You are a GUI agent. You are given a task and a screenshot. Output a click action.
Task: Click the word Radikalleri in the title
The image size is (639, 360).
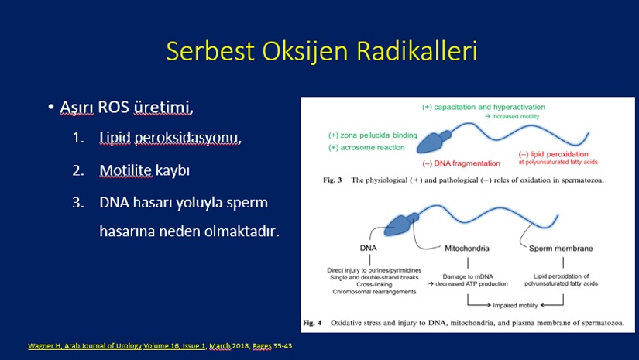point(417,51)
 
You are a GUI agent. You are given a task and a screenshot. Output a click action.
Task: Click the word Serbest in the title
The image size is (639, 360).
point(210,51)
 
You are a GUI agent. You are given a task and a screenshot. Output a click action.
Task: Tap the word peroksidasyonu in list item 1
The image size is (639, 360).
point(188,139)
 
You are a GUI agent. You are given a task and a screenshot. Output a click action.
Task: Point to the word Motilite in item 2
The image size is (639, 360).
point(125,170)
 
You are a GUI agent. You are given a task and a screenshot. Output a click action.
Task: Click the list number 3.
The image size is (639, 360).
point(78,202)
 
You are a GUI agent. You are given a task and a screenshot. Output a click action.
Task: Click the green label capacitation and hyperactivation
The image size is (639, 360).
point(484,107)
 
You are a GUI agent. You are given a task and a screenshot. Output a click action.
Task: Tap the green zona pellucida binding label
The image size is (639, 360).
point(373,135)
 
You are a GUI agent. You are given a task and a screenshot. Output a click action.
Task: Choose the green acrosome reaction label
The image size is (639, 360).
point(367,147)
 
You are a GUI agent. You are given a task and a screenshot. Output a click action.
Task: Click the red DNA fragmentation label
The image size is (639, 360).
point(462,163)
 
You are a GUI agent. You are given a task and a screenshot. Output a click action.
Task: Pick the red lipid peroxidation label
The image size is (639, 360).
point(554,154)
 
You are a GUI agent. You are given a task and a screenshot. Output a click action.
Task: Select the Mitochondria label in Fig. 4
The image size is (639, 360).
point(467,248)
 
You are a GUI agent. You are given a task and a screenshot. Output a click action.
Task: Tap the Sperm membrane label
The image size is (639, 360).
point(561,248)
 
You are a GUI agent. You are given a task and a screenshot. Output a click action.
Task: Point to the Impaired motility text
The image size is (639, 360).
point(516,306)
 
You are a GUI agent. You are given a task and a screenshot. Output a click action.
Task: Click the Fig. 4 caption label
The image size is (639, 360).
point(312,323)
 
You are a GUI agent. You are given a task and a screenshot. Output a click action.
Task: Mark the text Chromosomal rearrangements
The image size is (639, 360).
point(375,292)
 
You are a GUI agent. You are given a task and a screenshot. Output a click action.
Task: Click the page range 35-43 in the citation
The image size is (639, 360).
point(283,346)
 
